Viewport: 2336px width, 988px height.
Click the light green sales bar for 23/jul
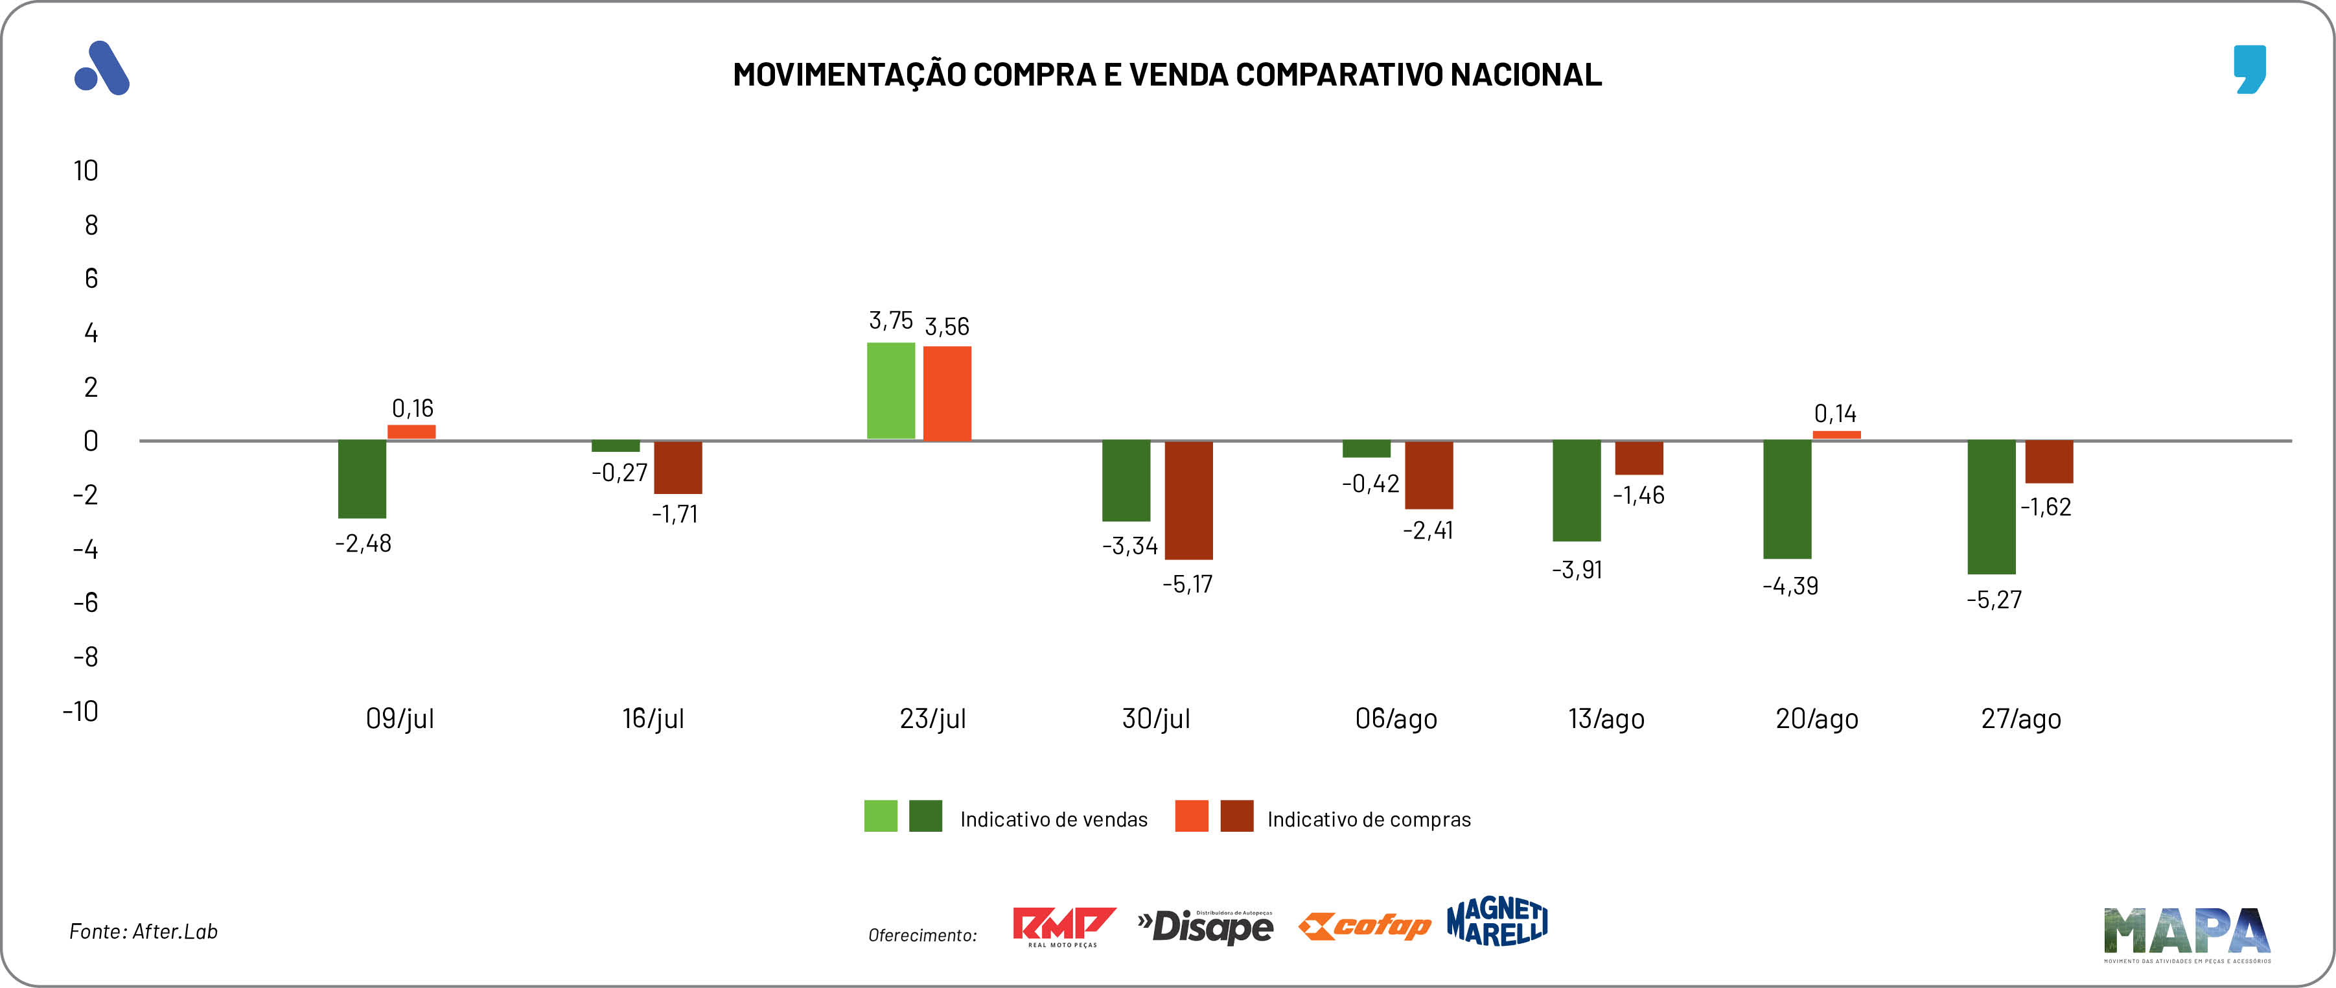click(x=890, y=391)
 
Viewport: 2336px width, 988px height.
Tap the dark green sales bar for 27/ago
click(x=1991, y=507)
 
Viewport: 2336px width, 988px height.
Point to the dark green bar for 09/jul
click(x=362, y=479)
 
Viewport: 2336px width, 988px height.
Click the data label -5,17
click(x=1187, y=584)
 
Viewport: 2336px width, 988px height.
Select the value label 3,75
click(x=890, y=320)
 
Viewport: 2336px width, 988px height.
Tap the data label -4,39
click(x=1790, y=586)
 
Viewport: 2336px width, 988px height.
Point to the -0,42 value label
click(x=1370, y=484)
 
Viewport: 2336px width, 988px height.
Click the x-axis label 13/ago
click(x=1606, y=718)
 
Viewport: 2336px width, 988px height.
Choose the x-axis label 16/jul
click(x=653, y=718)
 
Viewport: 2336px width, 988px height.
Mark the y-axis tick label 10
click(x=86, y=171)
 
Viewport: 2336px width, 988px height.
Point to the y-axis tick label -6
click(x=86, y=602)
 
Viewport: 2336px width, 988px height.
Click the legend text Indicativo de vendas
click(x=1054, y=819)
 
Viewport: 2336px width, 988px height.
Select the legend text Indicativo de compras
click(x=1369, y=819)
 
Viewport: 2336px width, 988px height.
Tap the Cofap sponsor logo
click(x=1364, y=926)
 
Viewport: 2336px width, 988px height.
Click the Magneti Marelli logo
click(x=1498, y=922)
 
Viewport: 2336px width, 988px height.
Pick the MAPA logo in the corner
click(x=2186, y=934)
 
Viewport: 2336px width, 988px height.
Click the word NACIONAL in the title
click(x=1525, y=75)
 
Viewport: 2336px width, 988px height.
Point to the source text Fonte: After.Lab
click(x=143, y=932)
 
